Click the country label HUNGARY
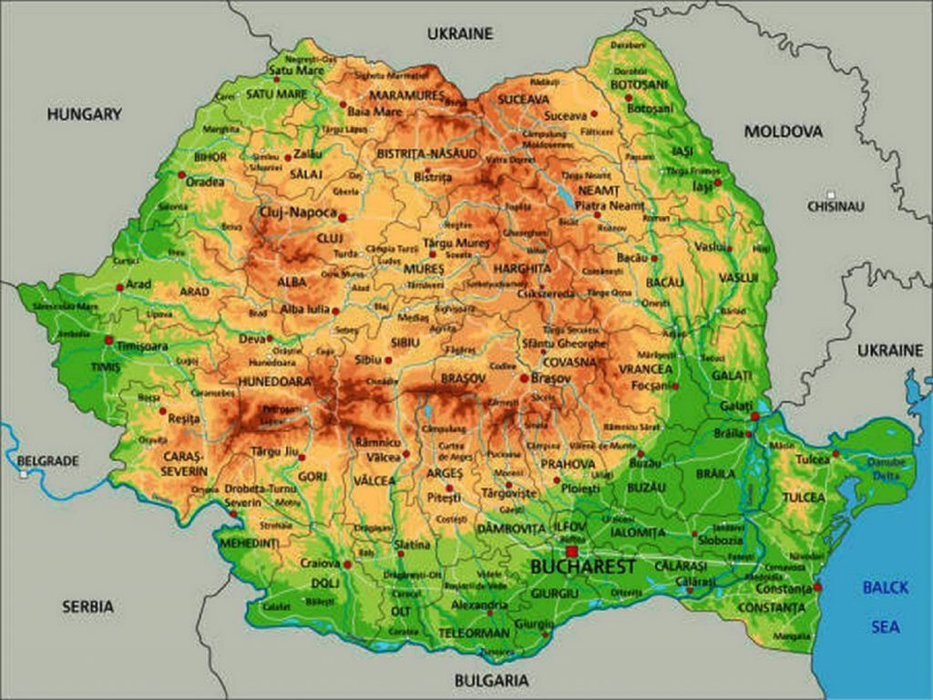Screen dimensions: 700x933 click(x=84, y=114)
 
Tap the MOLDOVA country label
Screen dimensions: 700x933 click(x=783, y=131)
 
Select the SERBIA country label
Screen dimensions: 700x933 click(x=88, y=605)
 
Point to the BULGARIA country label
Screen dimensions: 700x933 click(x=490, y=680)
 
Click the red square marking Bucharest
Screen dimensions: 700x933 click(x=571, y=551)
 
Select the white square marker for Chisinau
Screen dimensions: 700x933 click(x=830, y=194)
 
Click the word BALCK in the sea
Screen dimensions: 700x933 click(x=885, y=588)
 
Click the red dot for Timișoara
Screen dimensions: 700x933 click(x=109, y=340)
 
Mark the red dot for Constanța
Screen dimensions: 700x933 click(x=817, y=586)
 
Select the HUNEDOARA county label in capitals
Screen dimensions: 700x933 click(x=273, y=381)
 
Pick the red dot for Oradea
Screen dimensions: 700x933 click(x=182, y=174)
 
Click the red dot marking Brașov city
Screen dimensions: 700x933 click(x=524, y=377)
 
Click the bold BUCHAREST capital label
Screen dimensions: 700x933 click(x=583, y=567)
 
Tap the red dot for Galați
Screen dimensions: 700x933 click(x=754, y=416)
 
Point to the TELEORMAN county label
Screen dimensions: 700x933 click(x=474, y=633)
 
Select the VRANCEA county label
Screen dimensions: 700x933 click(x=645, y=369)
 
